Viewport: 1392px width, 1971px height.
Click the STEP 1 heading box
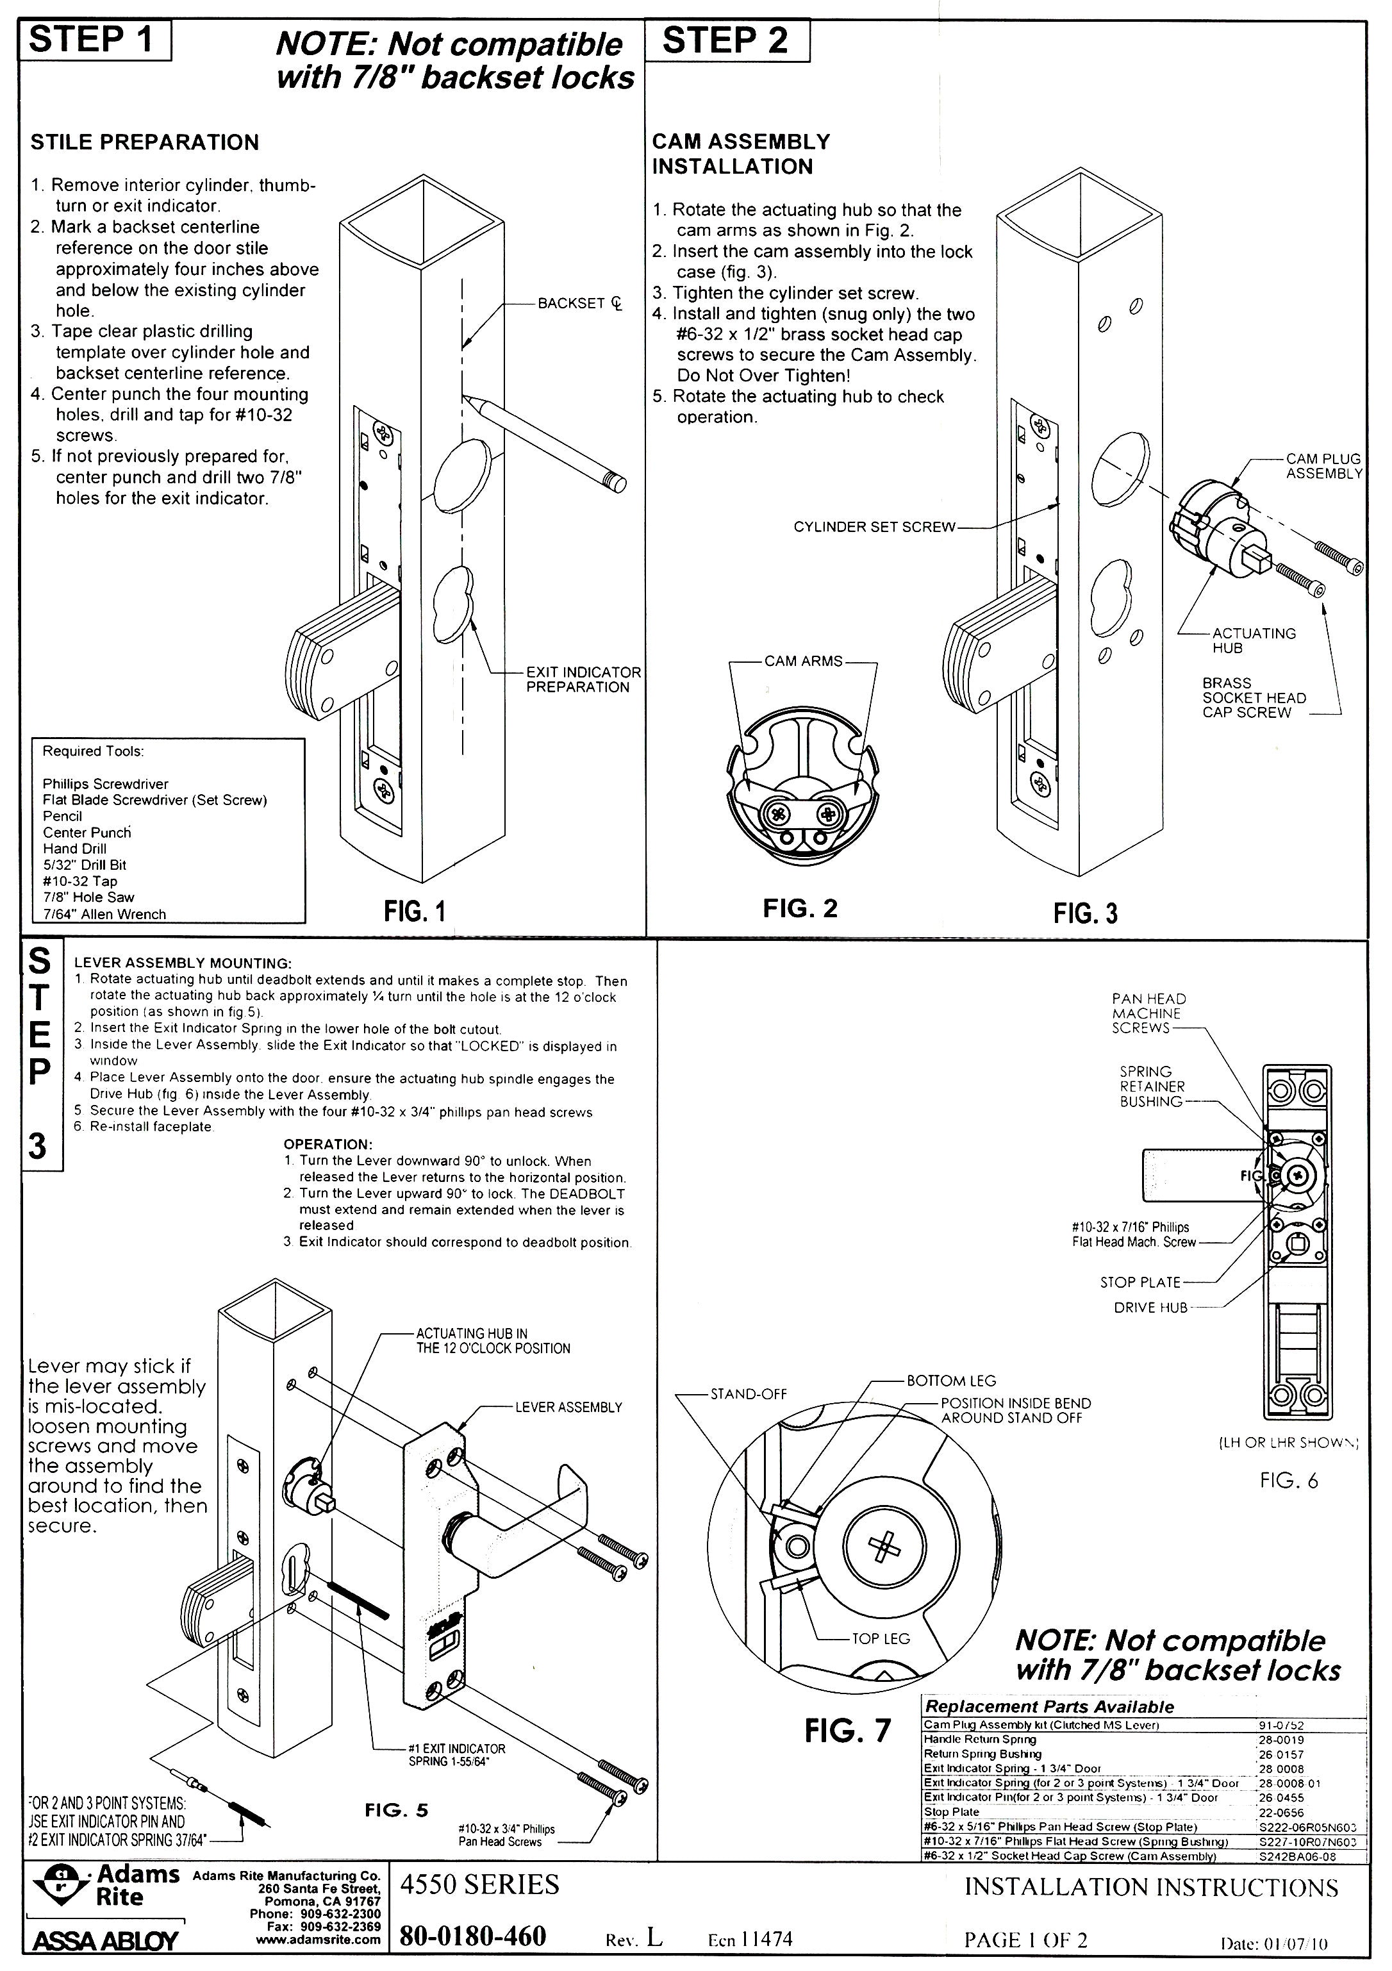(94, 40)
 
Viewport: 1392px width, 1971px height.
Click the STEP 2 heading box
(725, 41)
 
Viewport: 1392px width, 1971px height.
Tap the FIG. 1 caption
(415, 911)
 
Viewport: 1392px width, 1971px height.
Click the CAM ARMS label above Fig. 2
(802, 661)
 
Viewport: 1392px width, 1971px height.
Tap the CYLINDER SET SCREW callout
(874, 527)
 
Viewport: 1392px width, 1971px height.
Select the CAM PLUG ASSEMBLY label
(1323, 466)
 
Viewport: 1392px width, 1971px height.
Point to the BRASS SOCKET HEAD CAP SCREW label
(1253, 697)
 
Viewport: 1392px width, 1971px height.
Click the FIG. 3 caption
(1085, 913)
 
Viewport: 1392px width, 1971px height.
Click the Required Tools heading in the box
(94, 751)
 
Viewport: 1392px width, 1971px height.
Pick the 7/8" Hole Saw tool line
(88, 897)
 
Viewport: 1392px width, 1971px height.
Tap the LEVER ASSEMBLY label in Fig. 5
(568, 1407)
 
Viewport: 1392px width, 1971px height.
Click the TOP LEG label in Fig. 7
(880, 1639)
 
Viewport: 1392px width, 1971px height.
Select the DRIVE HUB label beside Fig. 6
(1150, 1308)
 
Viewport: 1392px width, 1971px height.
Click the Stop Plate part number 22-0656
(1280, 1812)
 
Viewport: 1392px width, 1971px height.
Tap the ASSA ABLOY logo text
(104, 1941)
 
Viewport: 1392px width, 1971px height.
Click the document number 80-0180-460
(473, 1936)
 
